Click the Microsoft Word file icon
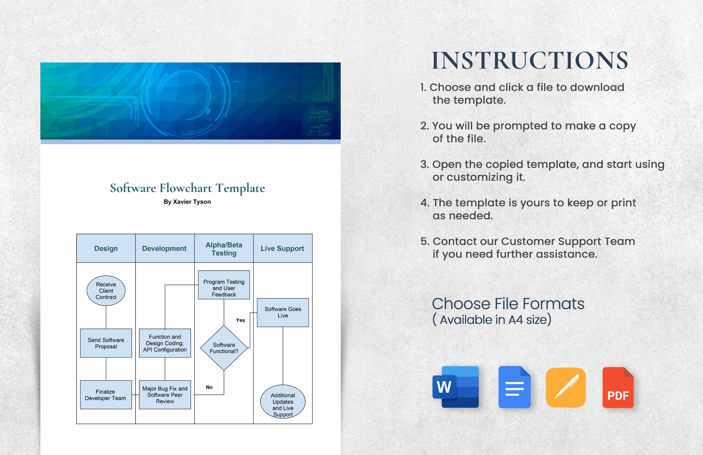point(456,387)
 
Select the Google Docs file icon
point(514,387)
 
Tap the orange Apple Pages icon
point(566,387)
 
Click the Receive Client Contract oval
point(106,291)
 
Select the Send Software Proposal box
point(106,343)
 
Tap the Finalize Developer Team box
point(106,395)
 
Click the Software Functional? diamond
point(224,348)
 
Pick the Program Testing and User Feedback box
point(224,285)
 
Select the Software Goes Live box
point(283,313)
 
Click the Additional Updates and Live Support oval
point(283,402)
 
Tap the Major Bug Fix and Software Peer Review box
point(165,395)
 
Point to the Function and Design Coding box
point(165,343)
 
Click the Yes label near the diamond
point(240,320)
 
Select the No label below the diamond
point(209,387)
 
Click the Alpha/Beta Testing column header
point(224,249)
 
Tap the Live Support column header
point(282,249)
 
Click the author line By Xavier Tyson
point(187,202)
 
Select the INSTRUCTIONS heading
point(530,61)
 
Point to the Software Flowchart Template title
point(187,188)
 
